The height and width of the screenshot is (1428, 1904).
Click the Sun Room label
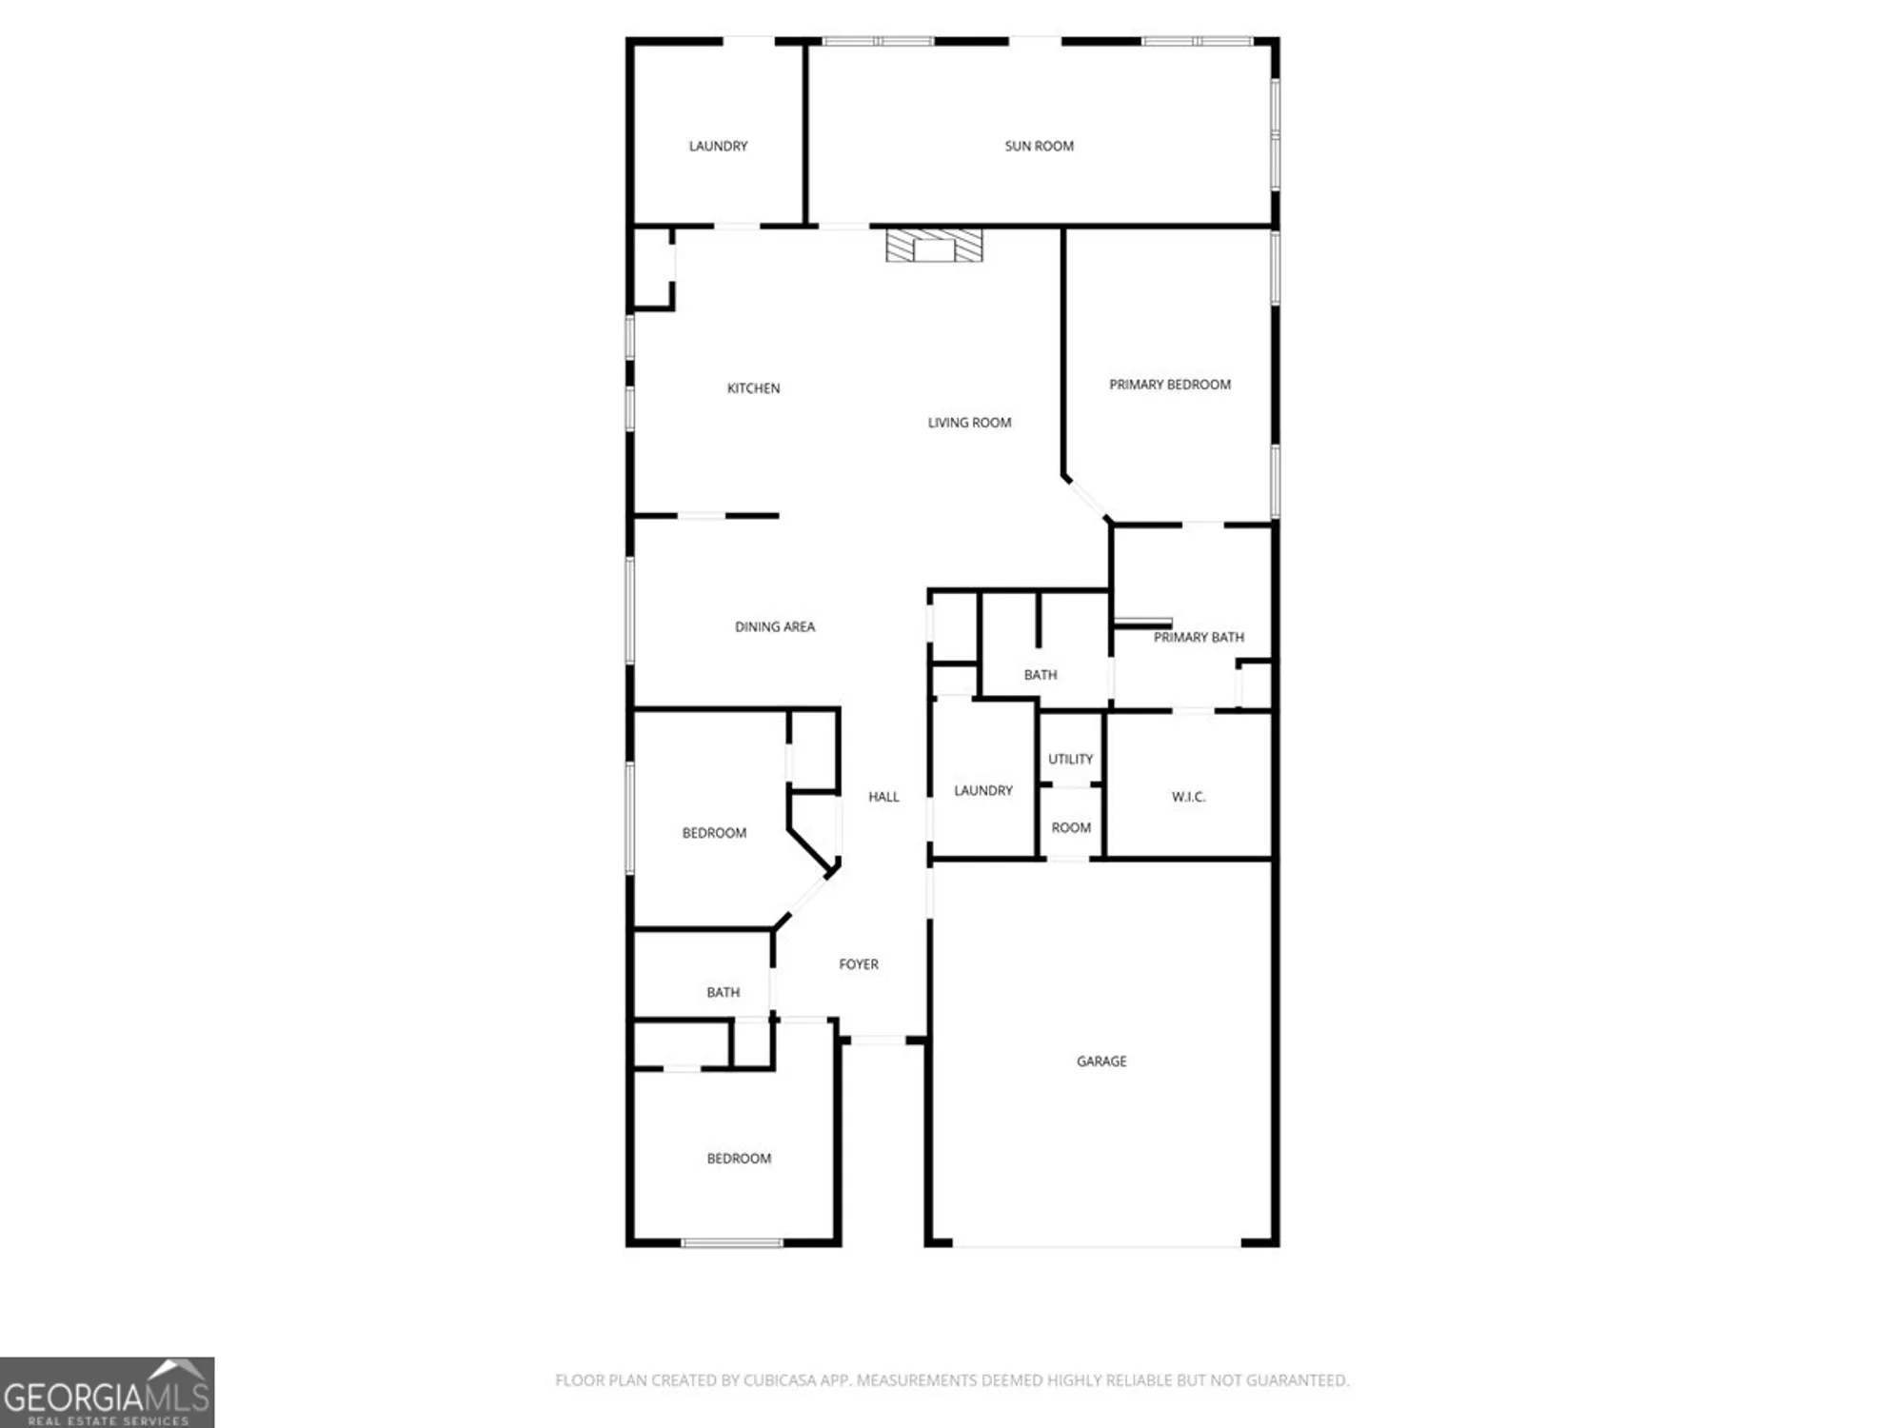click(x=1039, y=146)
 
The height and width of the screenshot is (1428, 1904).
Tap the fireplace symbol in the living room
click(x=933, y=246)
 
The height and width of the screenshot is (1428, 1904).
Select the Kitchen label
click(x=753, y=388)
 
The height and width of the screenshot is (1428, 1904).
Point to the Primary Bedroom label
click(x=1169, y=385)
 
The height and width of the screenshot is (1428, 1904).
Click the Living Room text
click(x=969, y=423)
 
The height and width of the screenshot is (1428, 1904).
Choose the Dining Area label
click(x=774, y=626)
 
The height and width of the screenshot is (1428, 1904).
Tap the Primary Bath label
click(x=1198, y=637)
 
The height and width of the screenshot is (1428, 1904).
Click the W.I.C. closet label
click(x=1188, y=797)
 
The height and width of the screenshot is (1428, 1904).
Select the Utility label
click(x=1070, y=759)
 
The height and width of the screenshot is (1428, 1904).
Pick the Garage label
click(x=1101, y=1061)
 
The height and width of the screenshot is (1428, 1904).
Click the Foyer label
click(x=858, y=964)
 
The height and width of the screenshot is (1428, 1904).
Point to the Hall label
click(x=883, y=797)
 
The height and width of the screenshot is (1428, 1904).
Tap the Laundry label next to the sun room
click(x=718, y=146)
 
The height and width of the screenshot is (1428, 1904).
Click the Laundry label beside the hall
click(x=982, y=790)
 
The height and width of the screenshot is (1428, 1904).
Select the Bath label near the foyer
click(x=723, y=992)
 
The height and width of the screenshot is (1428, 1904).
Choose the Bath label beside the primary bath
click(x=1040, y=675)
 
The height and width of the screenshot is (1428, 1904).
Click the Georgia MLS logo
click(x=107, y=1393)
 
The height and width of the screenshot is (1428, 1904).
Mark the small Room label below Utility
click(x=1070, y=827)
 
